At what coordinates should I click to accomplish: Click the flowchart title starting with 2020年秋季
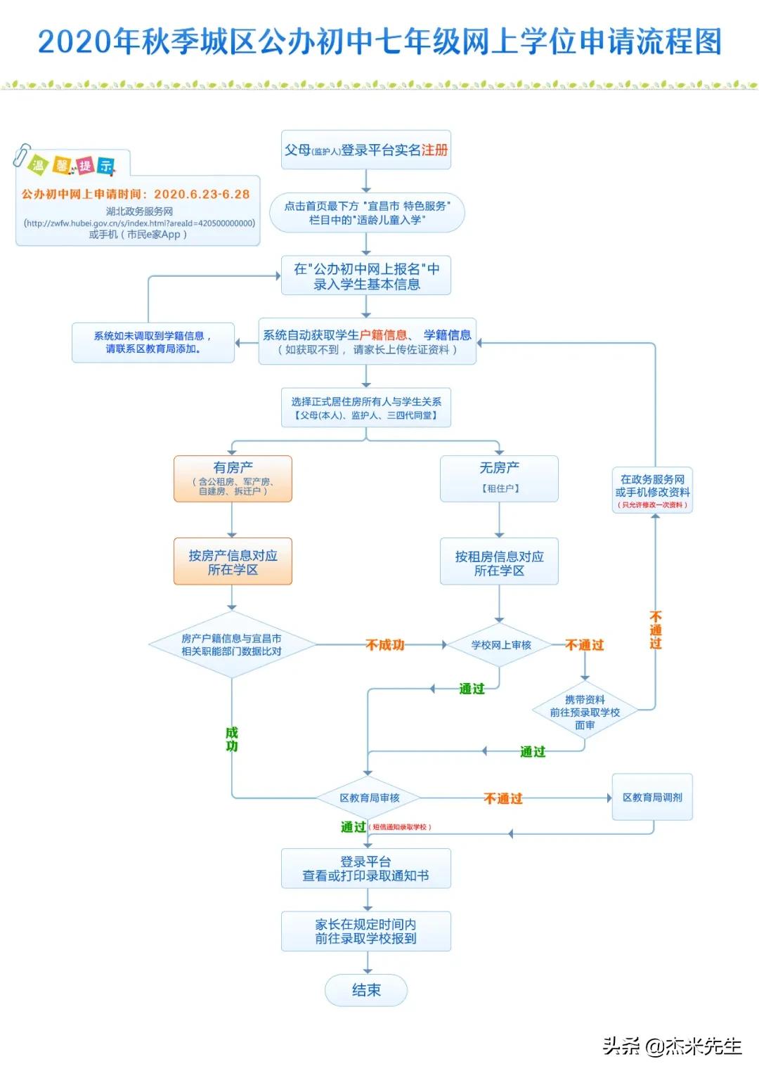tap(379, 41)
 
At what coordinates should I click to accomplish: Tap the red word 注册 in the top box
tap(434, 150)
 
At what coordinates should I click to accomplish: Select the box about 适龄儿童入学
tap(367, 213)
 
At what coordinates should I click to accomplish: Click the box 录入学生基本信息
tap(366, 276)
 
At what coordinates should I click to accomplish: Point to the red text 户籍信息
tap(383, 335)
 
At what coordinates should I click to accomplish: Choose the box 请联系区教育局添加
tap(153, 342)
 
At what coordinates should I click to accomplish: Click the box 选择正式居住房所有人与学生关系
tap(366, 408)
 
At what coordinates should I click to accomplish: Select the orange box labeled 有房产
tap(233, 478)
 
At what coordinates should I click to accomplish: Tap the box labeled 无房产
tap(499, 478)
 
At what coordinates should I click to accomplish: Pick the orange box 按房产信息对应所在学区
tap(233, 561)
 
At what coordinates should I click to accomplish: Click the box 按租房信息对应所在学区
tap(499, 562)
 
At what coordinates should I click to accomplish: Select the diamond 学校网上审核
tap(500, 644)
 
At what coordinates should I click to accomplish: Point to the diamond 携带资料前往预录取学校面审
tap(585, 712)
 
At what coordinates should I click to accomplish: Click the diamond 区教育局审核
tap(369, 798)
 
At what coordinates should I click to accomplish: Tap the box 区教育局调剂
tap(652, 797)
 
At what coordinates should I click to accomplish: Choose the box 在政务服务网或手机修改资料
tap(652, 490)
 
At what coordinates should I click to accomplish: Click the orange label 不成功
tap(385, 644)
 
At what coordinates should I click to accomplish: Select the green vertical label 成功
tap(232, 739)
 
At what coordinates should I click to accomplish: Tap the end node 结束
tap(366, 989)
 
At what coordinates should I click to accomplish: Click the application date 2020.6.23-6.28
tap(202, 194)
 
